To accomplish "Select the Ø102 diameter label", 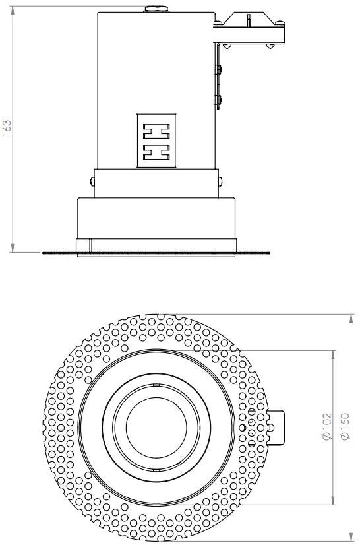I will coord(328,426).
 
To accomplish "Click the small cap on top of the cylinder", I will coord(156,9).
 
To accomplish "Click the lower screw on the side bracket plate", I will coord(220,100).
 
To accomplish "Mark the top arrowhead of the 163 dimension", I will coord(13,8).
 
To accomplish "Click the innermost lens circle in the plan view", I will coord(153,427).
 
